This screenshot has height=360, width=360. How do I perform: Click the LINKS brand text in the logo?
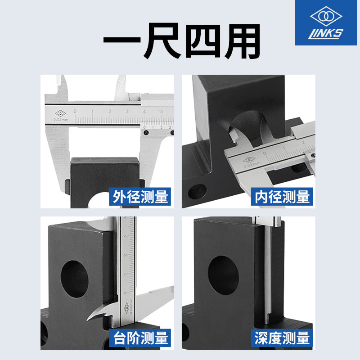pos(325,34)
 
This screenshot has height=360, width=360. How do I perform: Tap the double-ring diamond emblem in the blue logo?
pos(326,16)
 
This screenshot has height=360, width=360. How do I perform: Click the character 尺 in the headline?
pos(162,40)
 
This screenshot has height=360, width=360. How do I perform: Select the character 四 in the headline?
pos(202,41)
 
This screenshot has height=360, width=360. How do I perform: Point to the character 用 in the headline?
pos(243,41)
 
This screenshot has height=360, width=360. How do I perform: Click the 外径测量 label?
pos(140,197)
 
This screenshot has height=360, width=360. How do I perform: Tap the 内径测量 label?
pos(282,197)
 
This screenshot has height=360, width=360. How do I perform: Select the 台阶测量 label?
pos(140,338)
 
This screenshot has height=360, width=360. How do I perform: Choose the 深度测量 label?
pos(282,338)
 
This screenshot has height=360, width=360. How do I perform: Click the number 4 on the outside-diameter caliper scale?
pos(144,111)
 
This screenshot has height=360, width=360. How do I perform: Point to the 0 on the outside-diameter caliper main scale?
pos(75,111)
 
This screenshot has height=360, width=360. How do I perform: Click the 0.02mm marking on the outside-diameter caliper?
pos(61,120)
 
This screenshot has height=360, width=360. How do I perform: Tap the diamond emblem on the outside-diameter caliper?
pos(61,113)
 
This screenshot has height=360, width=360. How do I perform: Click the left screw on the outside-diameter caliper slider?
pos(146,132)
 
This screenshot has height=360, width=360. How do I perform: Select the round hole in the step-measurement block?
pos(75,279)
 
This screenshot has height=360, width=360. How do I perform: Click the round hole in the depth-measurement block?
pos(223,275)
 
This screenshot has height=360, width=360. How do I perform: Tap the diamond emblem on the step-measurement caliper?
pos(126,308)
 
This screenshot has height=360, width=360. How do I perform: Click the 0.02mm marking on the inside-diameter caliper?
pos(252,164)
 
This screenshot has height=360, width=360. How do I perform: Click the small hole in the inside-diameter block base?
pos(197,192)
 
